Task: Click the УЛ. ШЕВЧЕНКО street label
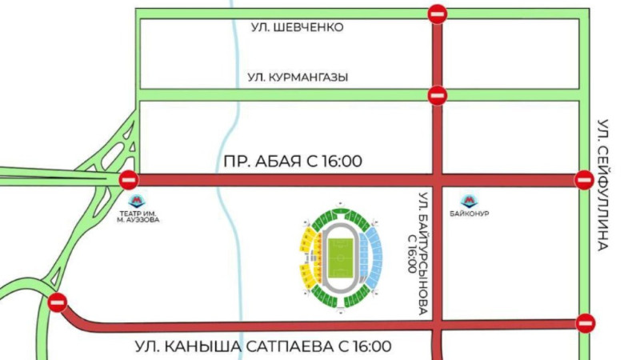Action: (297, 28)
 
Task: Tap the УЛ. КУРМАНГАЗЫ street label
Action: (298, 77)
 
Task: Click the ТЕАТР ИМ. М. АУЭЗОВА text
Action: (138, 217)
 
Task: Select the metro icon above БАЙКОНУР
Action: (470, 201)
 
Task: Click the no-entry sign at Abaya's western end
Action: (129, 180)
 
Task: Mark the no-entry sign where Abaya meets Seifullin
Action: (585, 180)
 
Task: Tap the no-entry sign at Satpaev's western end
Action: (58, 303)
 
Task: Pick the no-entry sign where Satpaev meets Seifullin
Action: (586, 323)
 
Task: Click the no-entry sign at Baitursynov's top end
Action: (437, 13)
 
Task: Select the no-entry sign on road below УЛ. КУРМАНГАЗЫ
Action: (437, 95)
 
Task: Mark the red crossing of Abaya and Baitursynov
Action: (437, 180)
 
